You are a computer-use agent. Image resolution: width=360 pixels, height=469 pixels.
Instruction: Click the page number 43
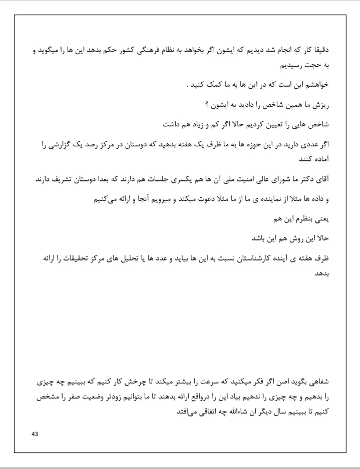34,433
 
